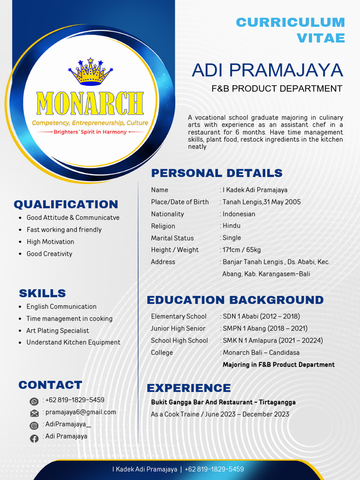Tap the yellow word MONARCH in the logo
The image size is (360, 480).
(x=90, y=104)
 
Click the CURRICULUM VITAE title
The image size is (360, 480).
(x=290, y=30)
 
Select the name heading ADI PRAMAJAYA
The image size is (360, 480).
(x=267, y=70)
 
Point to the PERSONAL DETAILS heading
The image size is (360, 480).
(x=217, y=173)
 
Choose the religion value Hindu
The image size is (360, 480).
(x=232, y=226)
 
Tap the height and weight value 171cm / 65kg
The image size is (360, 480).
(x=241, y=250)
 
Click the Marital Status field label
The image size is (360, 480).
(x=172, y=238)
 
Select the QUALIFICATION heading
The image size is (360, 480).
(x=66, y=204)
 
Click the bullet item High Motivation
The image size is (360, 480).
(x=50, y=242)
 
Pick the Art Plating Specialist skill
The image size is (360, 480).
(x=58, y=330)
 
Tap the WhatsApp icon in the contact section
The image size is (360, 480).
(x=34, y=401)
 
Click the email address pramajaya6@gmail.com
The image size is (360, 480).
(x=81, y=412)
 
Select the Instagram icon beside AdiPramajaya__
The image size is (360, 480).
(x=34, y=426)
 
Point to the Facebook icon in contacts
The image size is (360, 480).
(x=34, y=439)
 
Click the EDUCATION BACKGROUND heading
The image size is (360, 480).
(x=235, y=300)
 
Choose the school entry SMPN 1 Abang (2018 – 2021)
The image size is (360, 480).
(x=265, y=329)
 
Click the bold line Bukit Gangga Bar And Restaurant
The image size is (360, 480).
(x=223, y=402)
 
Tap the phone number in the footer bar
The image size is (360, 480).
(x=214, y=469)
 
